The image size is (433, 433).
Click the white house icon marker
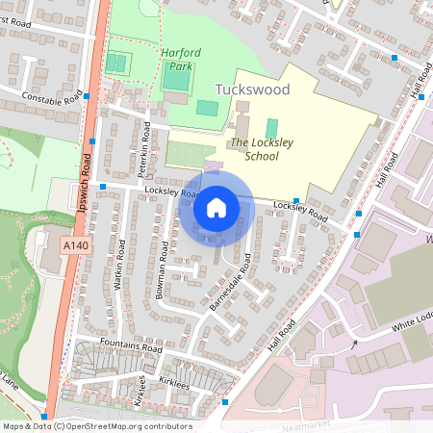(x=216, y=207)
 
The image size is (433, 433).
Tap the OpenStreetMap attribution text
(x=97, y=426)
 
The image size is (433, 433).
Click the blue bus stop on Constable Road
(x=88, y=96)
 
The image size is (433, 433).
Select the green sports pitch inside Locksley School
(x=271, y=127)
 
